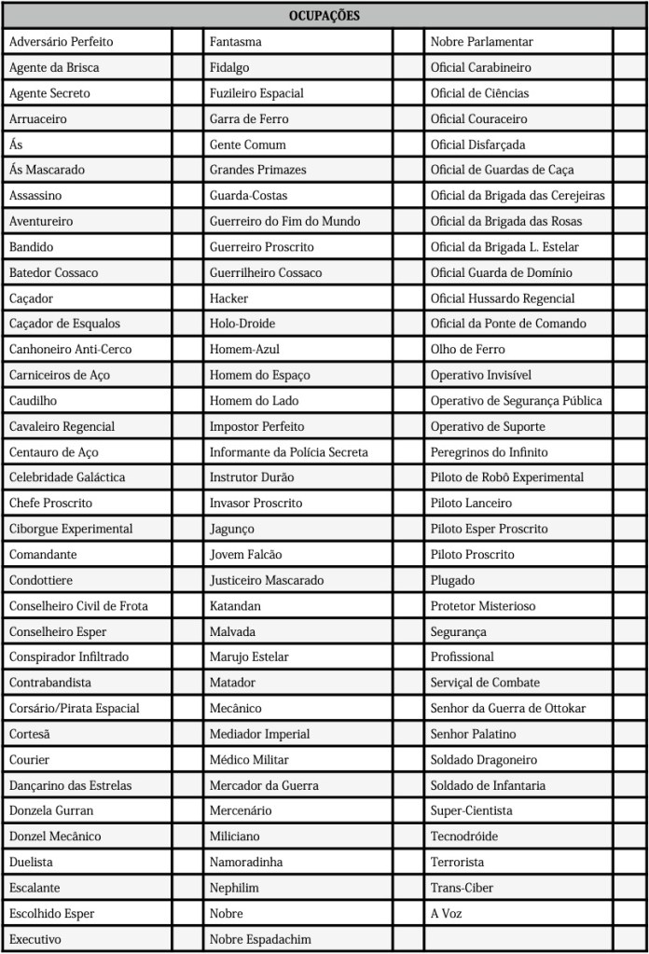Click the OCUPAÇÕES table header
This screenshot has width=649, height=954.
pos(324,16)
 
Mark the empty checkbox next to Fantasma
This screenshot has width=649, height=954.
pos(407,42)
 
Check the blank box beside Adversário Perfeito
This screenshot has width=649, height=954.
pos(187,42)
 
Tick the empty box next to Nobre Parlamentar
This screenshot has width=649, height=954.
pos(628,42)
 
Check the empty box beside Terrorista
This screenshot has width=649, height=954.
pos(628,862)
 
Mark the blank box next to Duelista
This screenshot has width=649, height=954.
pos(187,862)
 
